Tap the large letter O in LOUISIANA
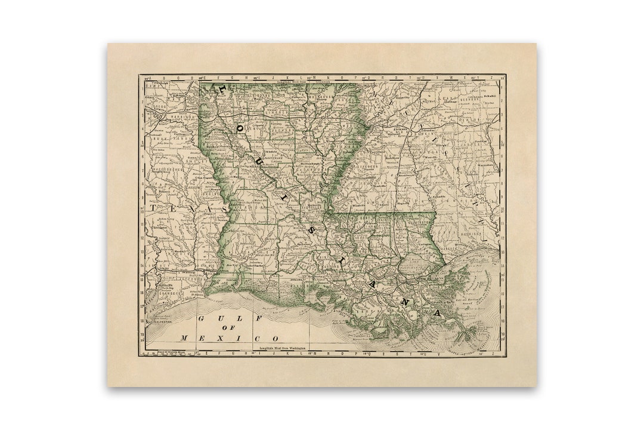[241, 127]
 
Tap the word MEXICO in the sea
[230, 338]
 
